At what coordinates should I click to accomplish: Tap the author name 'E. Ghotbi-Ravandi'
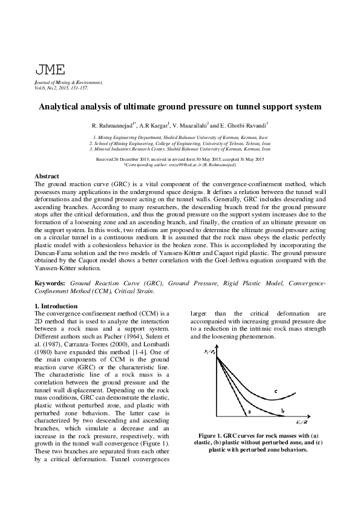(244, 126)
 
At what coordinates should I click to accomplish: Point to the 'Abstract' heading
(47, 176)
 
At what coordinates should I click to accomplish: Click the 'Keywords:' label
(50, 283)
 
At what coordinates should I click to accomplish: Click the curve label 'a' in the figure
(249, 412)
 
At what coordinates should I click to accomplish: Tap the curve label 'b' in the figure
(283, 411)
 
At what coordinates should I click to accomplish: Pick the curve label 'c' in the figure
(275, 392)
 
